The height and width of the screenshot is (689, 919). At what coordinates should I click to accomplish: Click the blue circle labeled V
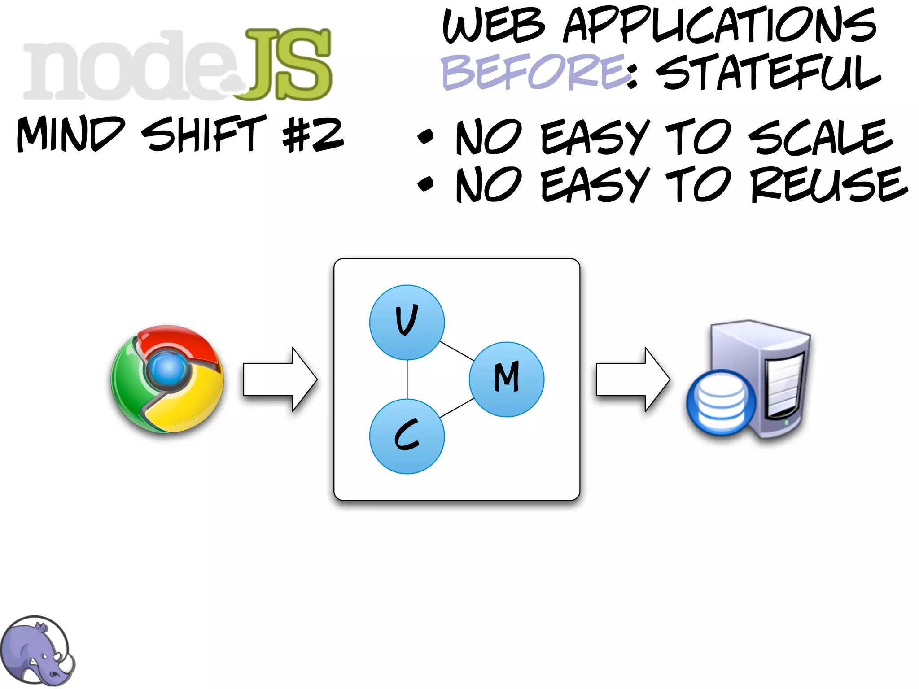click(407, 322)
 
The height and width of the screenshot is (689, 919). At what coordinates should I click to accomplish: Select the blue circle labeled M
click(507, 379)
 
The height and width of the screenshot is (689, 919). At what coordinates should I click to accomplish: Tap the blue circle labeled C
click(407, 436)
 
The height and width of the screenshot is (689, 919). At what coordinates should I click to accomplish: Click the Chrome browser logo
click(167, 379)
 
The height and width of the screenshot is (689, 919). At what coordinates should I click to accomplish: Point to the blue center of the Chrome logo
click(168, 369)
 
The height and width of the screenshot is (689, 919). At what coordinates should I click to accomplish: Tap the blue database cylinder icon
click(721, 403)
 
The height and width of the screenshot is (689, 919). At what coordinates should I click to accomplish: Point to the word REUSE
click(828, 184)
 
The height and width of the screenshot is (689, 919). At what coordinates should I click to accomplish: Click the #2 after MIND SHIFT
click(313, 134)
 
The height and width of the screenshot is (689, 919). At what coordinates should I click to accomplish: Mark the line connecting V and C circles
click(407, 379)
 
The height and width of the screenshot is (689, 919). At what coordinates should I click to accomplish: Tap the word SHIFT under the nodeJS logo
click(204, 134)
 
